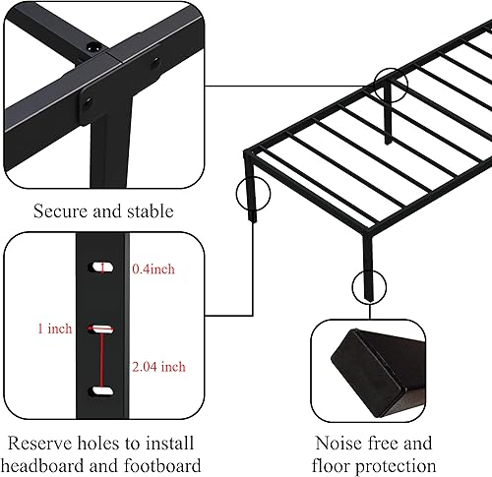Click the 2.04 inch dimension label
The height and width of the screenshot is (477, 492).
pos(158,367)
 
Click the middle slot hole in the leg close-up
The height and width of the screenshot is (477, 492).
pos(100,328)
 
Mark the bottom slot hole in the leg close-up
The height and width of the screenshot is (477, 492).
pos(100,391)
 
